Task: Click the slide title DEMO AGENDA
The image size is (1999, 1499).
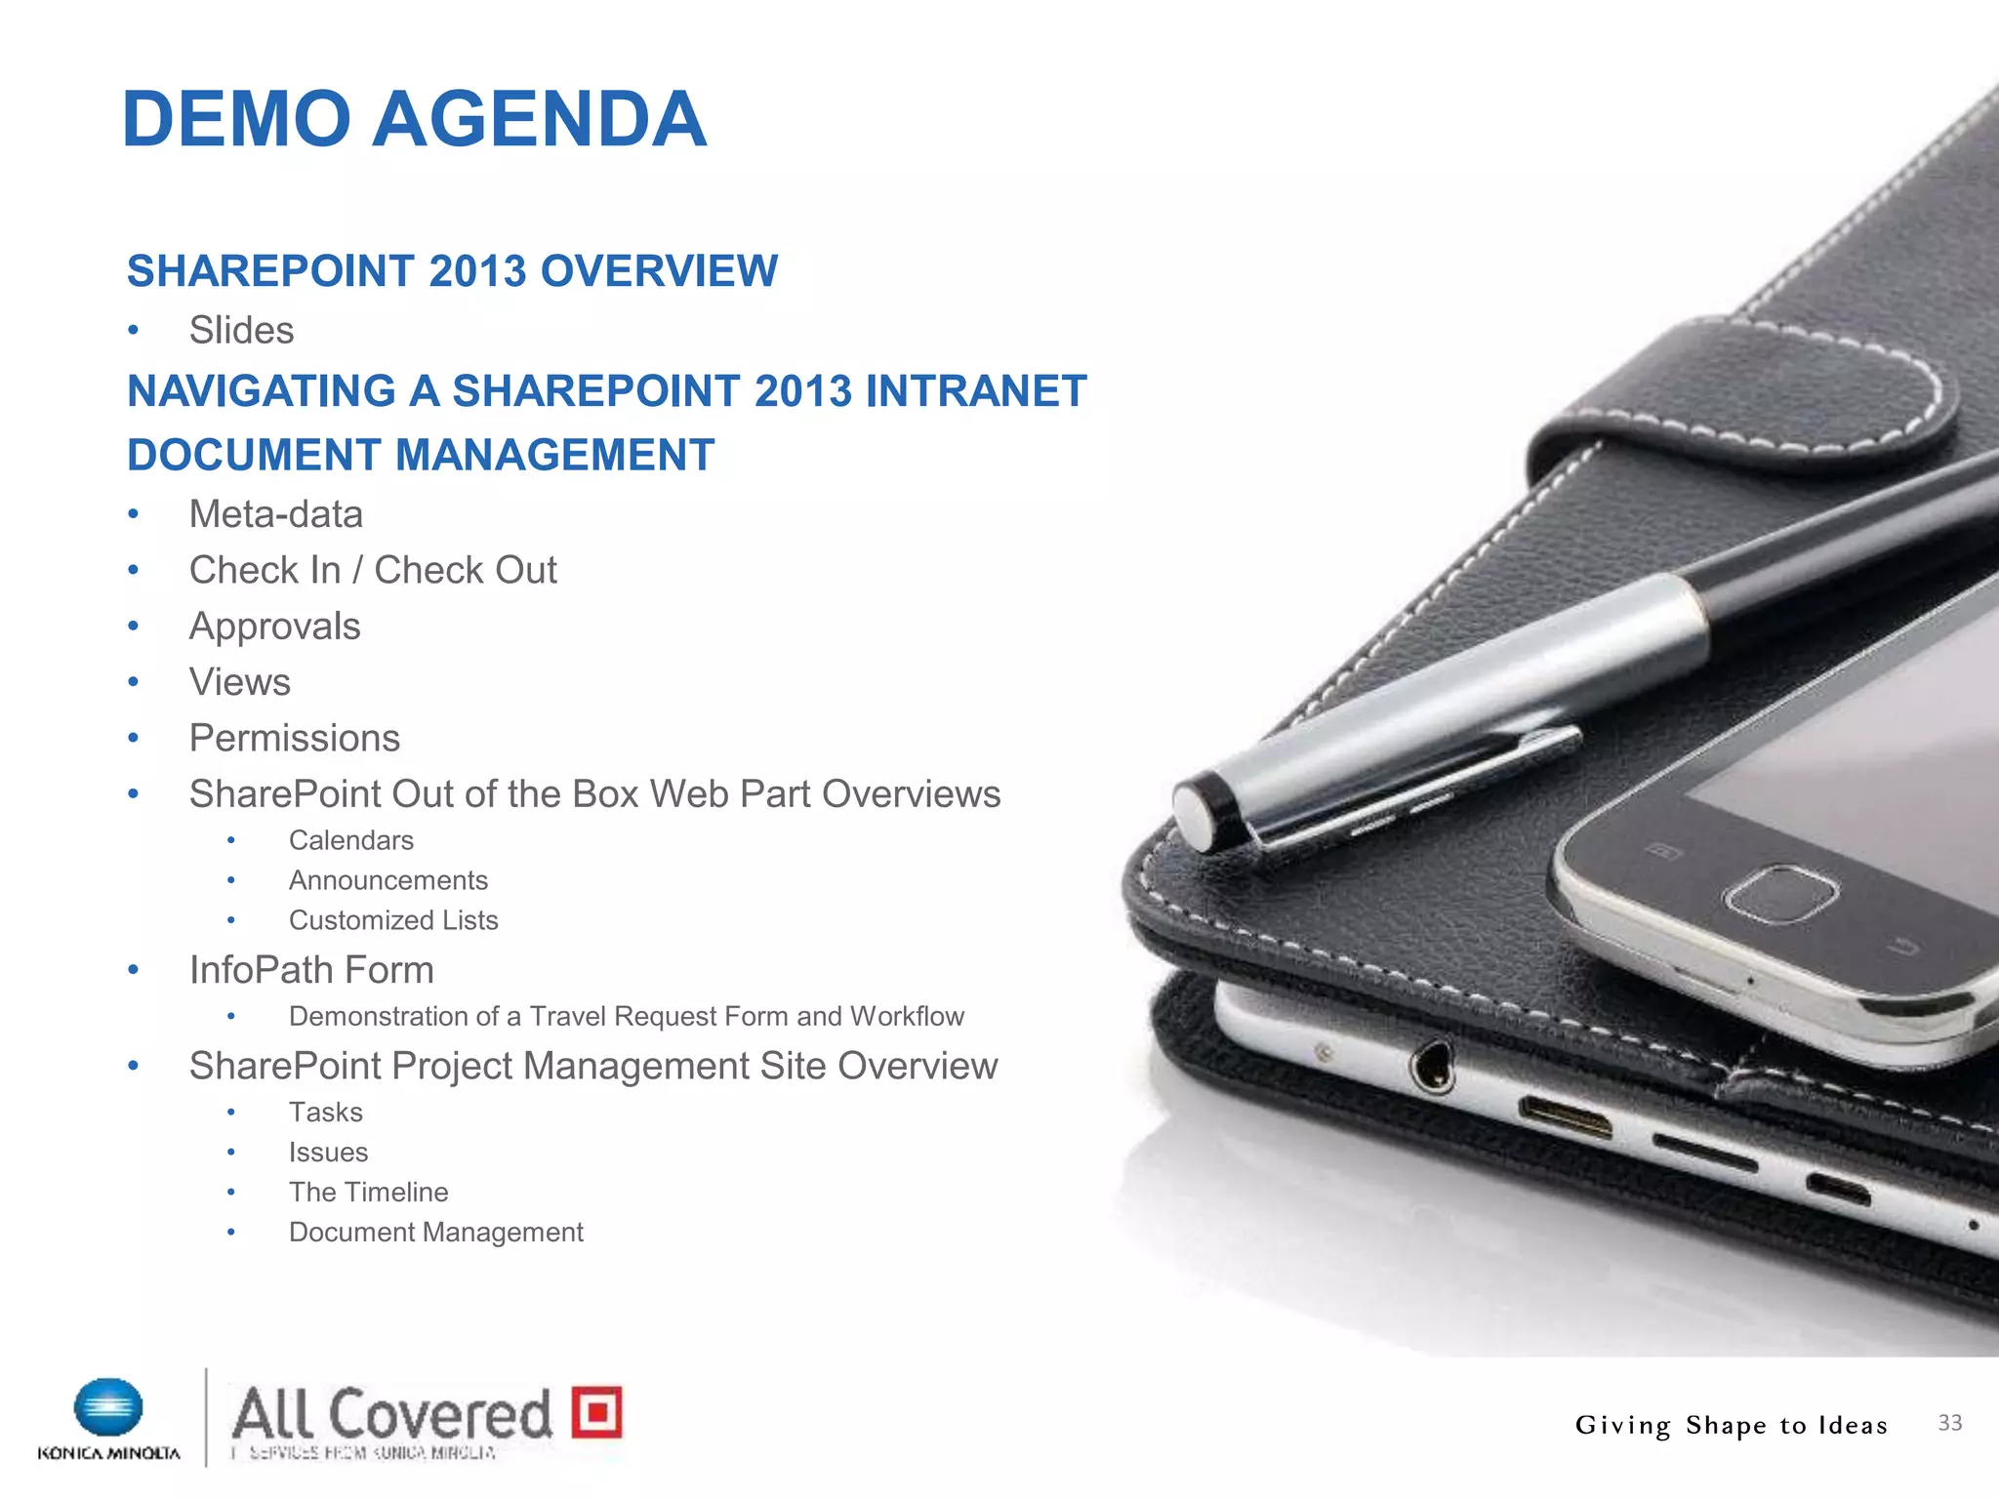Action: tap(414, 119)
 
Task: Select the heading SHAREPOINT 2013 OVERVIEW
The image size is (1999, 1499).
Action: tap(452, 271)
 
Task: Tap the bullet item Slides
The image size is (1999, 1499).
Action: tap(241, 331)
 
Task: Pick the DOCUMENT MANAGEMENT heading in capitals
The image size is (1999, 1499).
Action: tap(421, 455)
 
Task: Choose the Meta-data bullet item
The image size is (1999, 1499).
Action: tap(275, 514)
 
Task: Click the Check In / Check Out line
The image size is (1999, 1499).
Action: tap(372, 570)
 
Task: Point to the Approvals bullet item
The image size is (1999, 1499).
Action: tap(274, 627)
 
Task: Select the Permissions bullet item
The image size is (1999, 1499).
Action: tap(294, 739)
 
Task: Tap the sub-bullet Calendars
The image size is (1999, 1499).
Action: tap(350, 840)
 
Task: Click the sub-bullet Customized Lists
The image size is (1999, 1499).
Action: tap(392, 920)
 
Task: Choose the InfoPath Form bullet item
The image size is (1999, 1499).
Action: tap(310, 970)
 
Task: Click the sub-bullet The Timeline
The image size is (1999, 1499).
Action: tap(368, 1192)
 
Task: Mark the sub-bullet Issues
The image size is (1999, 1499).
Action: tap(328, 1153)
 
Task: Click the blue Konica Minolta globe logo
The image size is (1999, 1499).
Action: tap(108, 1408)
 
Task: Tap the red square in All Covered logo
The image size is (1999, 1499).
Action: tap(596, 1411)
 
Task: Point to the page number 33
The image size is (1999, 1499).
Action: tap(1949, 1423)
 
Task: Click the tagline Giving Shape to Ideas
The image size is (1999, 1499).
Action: tap(1731, 1425)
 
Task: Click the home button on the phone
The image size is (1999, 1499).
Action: tap(1780, 893)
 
